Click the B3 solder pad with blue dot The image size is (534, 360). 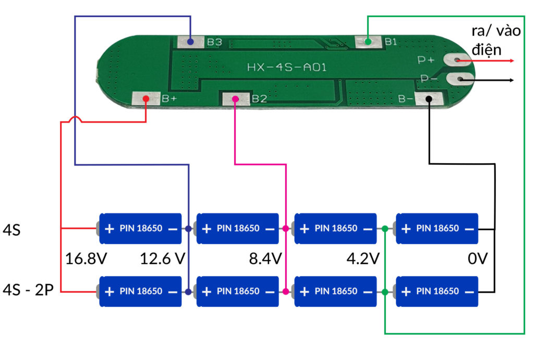pyautogui.click(x=190, y=42)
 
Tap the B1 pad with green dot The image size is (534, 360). pyautogui.click(x=368, y=42)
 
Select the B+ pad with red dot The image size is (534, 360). pyautogui.click(x=146, y=98)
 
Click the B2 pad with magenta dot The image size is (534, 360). pyautogui.click(x=235, y=99)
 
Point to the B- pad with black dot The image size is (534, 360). pyautogui.click(x=429, y=99)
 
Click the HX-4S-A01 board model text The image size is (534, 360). pyautogui.click(x=287, y=67)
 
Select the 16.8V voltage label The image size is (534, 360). pyautogui.click(x=86, y=259)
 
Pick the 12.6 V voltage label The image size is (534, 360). pyautogui.click(x=163, y=259)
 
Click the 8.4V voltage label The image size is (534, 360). pyautogui.click(x=265, y=259)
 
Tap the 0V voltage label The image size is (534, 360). pyautogui.click(x=478, y=259)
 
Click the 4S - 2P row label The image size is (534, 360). pyautogui.click(x=28, y=291)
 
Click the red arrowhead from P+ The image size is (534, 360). pyautogui.click(x=513, y=61)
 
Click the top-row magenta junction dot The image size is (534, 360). pyautogui.click(x=286, y=229)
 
